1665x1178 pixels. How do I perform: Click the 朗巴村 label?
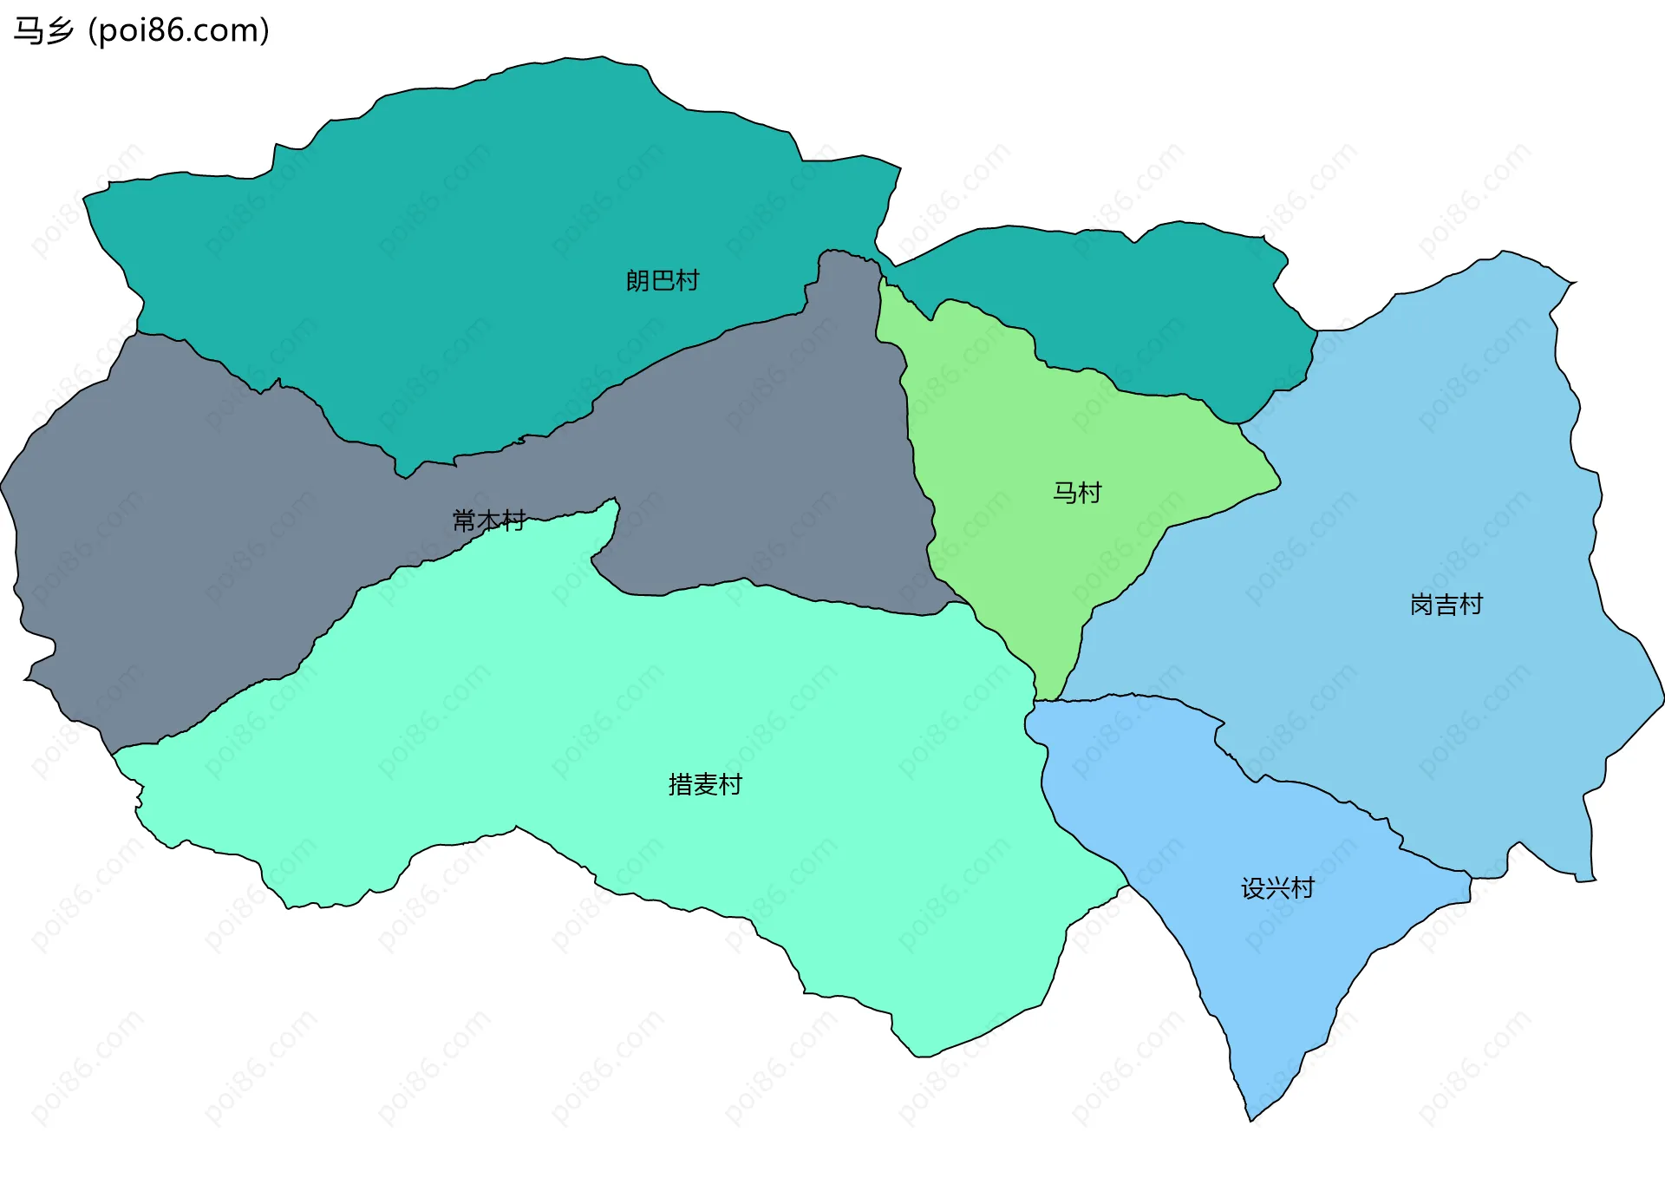[x=662, y=280]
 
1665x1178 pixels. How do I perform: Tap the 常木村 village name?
[x=488, y=520]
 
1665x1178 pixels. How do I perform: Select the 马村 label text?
[x=1077, y=493]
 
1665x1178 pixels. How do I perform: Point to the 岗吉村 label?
[x=1446, y=605]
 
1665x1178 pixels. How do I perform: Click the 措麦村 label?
[x=705, y=784]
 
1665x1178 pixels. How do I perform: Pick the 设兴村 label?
[x=1277, y=887]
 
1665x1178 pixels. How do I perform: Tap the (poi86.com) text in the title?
[x=179, y=31]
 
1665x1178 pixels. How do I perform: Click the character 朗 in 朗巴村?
[x=637, y=280]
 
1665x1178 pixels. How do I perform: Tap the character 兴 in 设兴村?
[x=1277, y=887]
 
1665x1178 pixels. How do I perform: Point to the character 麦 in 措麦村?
[x=705, y=784]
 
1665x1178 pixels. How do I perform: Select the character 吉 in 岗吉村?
[x=1446, y=605]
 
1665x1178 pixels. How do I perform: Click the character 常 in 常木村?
[x=464, y=520]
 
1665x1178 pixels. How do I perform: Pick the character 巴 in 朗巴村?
[x=662, y=280]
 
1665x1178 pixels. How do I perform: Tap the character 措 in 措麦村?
[x=681, y=784]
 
